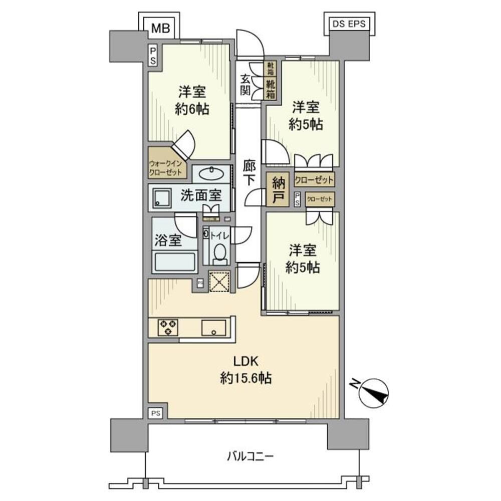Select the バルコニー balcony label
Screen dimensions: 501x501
[x=250, y=456]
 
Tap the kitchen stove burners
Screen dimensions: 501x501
[x=166, y=327]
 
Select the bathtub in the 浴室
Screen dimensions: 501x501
[x=174, y=261]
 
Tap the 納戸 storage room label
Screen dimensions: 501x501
[x=279, y=190]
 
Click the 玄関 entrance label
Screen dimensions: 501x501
[x=245, y=84]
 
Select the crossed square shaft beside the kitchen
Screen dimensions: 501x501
[x=219, y=281]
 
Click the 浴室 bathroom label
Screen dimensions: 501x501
[x=168, y=240]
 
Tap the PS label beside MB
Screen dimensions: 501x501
[x=153, y=55]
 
